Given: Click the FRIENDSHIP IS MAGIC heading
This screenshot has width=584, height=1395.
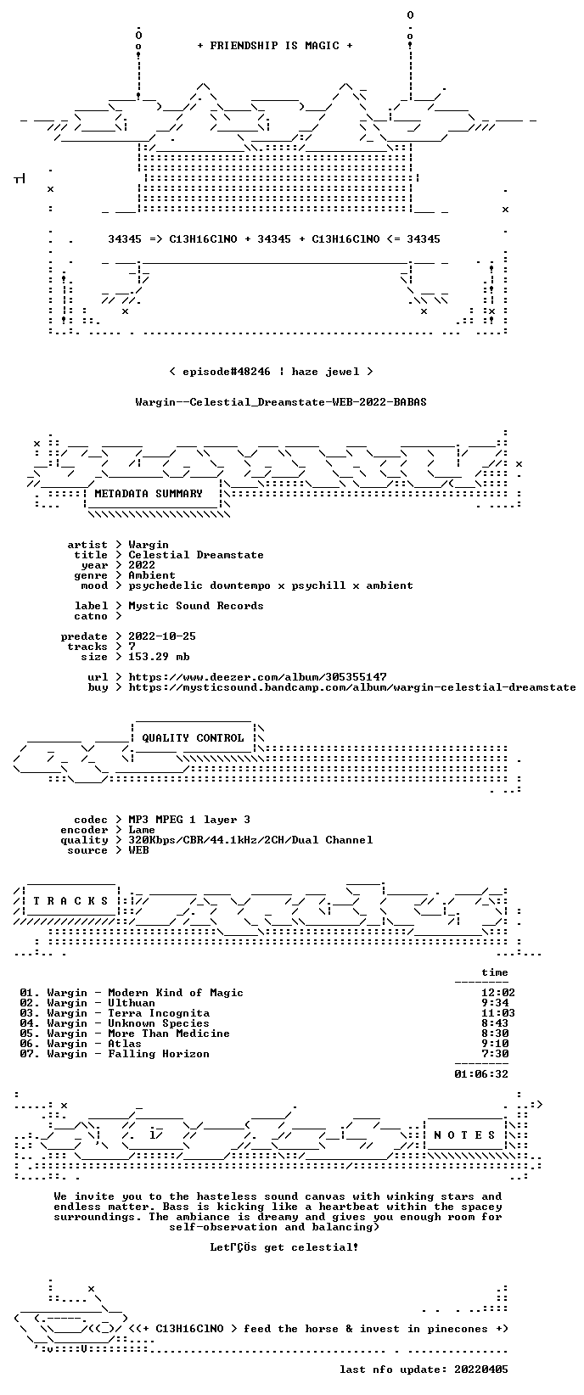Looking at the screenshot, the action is click(x=275, y=46).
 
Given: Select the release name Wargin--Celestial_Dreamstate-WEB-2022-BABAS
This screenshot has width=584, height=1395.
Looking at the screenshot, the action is click(x=281, y=402).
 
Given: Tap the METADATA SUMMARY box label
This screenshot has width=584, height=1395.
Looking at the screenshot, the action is click(x=149, y=494).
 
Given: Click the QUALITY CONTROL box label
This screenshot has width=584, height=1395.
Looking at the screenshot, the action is click(x=193, y=738).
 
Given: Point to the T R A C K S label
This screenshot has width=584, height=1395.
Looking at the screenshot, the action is click(x=70, y=901).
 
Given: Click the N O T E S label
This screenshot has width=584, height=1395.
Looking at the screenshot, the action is click(x=464, y=1135).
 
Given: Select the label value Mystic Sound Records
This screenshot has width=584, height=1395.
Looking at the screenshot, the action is click(x=196, y=606).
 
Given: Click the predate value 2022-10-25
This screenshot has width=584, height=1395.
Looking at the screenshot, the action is click(x=162, y=636).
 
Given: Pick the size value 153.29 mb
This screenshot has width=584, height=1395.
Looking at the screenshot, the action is click(x=159, y=657).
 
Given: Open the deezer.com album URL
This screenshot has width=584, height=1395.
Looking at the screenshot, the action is click(x=257, y=677).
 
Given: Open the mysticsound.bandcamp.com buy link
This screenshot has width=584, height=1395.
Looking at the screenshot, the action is click(x=352, y=687).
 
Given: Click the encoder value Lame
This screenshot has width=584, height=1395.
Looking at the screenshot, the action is click(x=142, y=830).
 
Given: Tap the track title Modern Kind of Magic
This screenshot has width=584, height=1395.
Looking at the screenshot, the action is click(x=176, y=993).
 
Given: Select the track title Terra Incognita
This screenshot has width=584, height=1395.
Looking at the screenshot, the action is click(x=159, y=1013).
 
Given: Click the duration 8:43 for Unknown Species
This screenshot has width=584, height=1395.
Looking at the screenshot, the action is click(x=495, y=1023).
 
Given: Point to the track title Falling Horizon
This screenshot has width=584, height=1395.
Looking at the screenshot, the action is click(x=159, y=1054).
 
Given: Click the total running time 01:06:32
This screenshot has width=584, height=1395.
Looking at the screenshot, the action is click(x=481, y=1074).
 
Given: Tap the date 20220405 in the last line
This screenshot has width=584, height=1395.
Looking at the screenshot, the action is click(x=481, y=1370).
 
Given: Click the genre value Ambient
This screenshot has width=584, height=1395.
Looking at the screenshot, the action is click(x=152, y=575).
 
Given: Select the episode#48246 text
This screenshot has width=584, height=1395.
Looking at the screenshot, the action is click(x=227, y=372).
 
